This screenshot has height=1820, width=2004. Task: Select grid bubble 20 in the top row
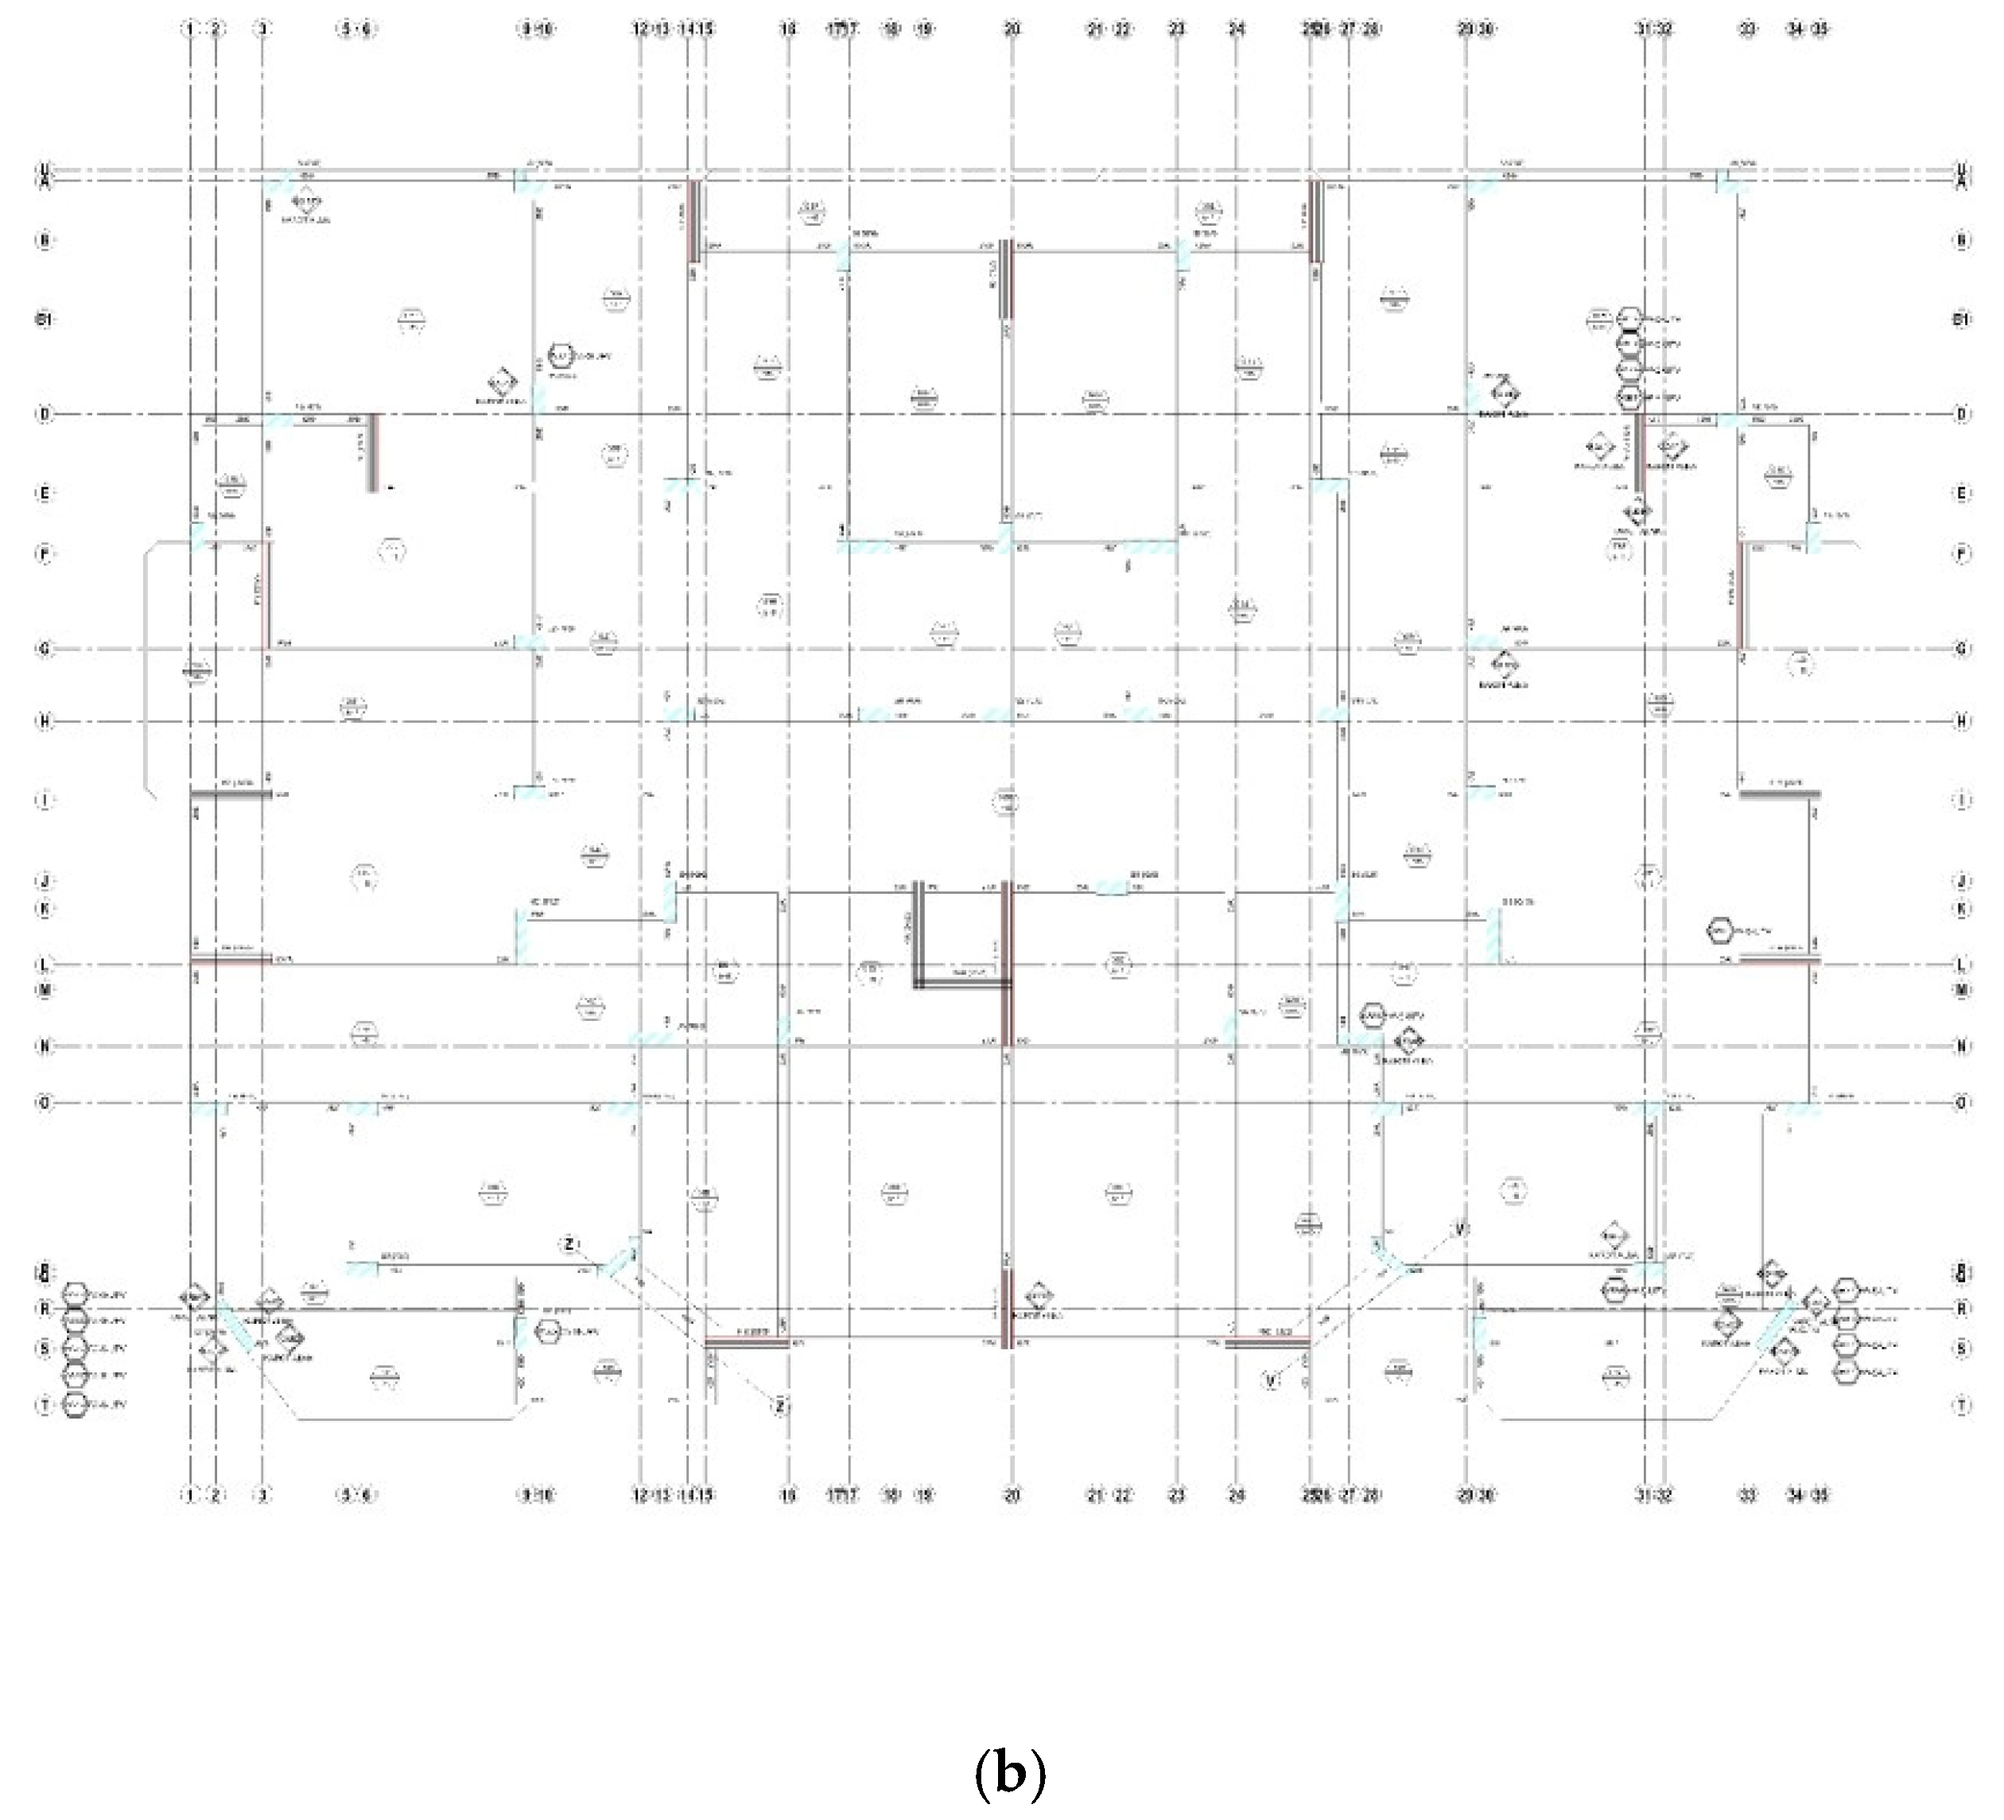click(1012, 29)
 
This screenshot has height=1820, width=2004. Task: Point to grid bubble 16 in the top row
click(788, 29)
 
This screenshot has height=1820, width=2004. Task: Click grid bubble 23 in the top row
click(1177, 29)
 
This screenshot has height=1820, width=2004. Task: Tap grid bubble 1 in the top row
click(190, 29)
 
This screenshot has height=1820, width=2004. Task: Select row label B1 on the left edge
click(44, 319)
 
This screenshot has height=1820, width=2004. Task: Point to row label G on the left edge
click(44, 649)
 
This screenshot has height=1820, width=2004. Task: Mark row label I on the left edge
click(44, 800)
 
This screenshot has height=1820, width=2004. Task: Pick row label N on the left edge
click(44, 1046)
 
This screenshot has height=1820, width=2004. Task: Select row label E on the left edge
click(44, 493)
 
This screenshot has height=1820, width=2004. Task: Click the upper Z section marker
click(569, 1244)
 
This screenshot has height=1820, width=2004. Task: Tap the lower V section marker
click(1271, 1380)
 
